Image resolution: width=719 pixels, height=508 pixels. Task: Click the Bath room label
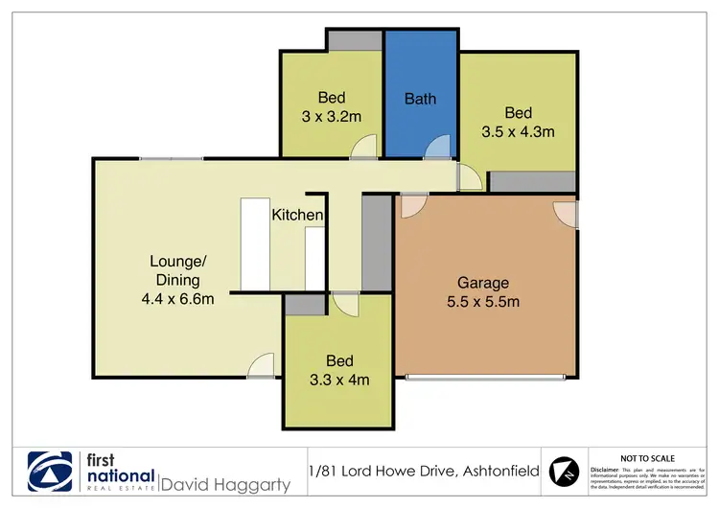(x=420, y=98)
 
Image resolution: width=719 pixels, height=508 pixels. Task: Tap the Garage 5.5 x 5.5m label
(x=483, y=283)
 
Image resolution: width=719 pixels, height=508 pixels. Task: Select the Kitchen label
(x=297, y=216)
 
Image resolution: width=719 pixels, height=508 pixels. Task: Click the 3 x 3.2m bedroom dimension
(x=332, y=117)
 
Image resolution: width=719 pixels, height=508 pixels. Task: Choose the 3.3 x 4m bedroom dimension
(x=338, y=380)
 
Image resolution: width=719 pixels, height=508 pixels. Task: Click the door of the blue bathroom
(x=437, y=147)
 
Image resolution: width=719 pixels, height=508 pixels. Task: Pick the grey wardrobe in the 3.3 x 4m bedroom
(x=305, y=305)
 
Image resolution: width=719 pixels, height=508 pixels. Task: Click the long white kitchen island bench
(x=255, y=243)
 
